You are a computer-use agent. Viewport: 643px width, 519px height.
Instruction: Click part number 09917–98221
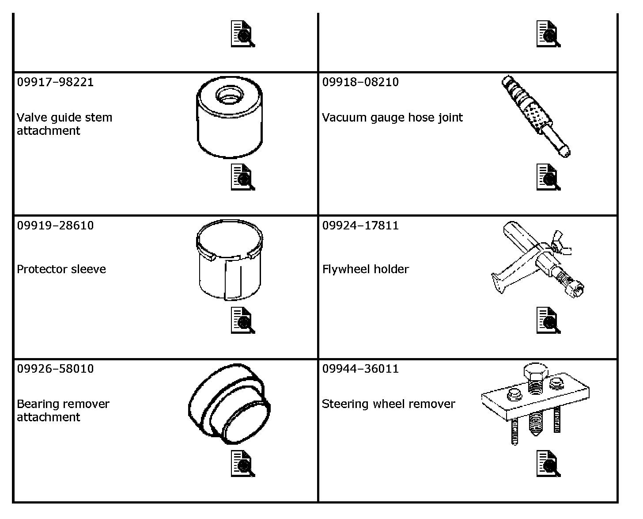(55, 82)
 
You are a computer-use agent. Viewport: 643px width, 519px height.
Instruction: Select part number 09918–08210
(360, 82)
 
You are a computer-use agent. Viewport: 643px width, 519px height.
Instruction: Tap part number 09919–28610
(55, 225)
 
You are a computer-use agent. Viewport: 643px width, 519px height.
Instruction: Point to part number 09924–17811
(360, 225)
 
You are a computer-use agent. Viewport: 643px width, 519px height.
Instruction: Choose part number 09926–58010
(55, 369)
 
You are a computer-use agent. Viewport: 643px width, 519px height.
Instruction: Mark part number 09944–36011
(360, 369)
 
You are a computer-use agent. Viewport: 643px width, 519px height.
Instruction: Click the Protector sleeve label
(61, 269)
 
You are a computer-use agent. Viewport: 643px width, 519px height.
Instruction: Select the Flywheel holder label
(366, 269)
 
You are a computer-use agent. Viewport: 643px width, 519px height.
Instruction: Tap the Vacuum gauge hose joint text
(392, 118)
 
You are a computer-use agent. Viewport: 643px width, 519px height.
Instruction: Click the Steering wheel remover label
(388, 404)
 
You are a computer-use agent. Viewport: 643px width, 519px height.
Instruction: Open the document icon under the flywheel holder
(548, 320)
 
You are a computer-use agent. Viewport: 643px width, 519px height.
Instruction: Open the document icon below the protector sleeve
(242, 320)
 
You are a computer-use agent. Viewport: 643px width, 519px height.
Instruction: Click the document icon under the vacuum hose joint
(548, 177)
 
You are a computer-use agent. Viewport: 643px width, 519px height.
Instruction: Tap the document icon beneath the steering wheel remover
(548, 463)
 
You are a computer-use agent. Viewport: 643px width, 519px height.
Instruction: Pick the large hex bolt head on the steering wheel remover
(535, 373)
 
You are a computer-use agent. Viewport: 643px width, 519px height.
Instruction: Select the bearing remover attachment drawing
(230, 404)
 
